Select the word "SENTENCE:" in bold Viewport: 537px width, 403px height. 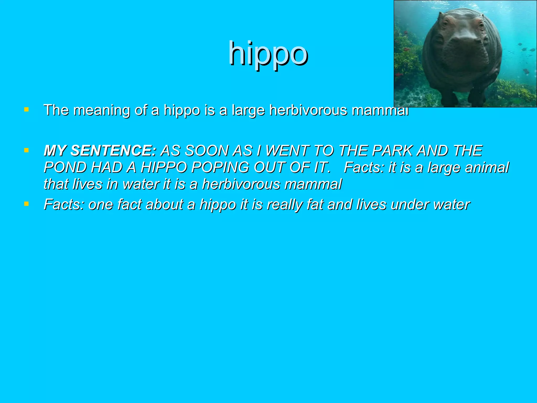114,151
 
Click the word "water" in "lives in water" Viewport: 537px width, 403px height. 141,184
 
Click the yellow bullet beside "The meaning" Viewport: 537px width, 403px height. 26,109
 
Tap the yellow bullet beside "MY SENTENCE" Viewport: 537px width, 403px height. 26,150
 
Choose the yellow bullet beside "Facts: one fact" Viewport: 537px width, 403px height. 26,204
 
